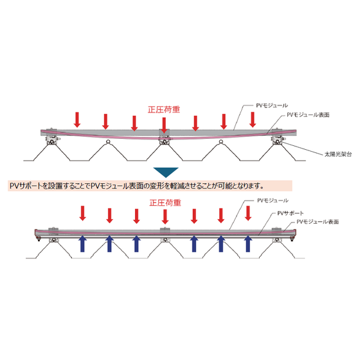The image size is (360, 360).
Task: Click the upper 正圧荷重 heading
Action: (164, 109)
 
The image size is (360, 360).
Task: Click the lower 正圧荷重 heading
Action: (165, 203)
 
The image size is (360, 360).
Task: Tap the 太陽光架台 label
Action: (338, 154)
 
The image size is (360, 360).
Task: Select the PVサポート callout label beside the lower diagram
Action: (291, 213)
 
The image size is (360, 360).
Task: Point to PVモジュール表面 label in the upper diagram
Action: (308, 114)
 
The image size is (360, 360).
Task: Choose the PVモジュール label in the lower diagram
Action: (273, 201)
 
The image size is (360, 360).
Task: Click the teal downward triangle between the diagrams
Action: (166, 172)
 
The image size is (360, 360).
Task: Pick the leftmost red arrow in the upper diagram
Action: (77, 120)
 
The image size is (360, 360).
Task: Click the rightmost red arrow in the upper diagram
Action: (253, 120)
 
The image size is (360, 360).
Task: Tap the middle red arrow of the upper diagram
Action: (164, 125)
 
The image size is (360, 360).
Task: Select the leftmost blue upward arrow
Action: (82, 244)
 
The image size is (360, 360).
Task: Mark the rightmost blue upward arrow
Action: (248, 244)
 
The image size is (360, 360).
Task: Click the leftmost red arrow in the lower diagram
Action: (83, 213)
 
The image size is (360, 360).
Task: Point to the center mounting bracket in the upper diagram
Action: (165, 140)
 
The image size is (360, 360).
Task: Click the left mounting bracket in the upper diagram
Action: (53, 140)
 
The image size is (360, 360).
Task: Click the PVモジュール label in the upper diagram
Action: (272, 105)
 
